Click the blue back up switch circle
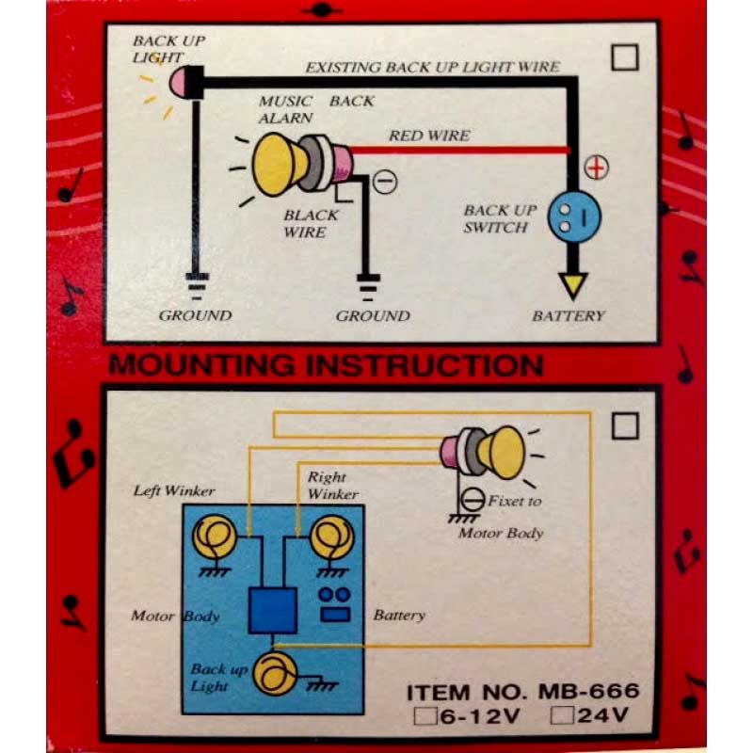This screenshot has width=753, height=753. point(574,216)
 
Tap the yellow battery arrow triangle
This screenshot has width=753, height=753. point(573,284)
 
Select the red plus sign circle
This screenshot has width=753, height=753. point(597,168)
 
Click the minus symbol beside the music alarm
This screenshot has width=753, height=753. point(385,182)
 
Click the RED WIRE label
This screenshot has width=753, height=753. point(429,136)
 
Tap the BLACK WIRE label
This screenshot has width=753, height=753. point(311,224)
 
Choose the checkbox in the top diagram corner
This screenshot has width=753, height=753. point(625,57)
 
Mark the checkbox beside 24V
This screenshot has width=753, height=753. point(562,714)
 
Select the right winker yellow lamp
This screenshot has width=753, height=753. point(332,537)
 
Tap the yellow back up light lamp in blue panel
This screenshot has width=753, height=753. point(275,674)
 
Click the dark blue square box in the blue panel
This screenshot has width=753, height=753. point(272,610)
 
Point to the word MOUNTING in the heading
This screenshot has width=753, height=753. point(201,365)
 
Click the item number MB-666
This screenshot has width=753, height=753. point(589,691)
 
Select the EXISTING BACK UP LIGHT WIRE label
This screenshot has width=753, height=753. point(433,67)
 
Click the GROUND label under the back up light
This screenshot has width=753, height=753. point(195,315)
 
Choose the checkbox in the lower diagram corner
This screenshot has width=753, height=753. point(625,426)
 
